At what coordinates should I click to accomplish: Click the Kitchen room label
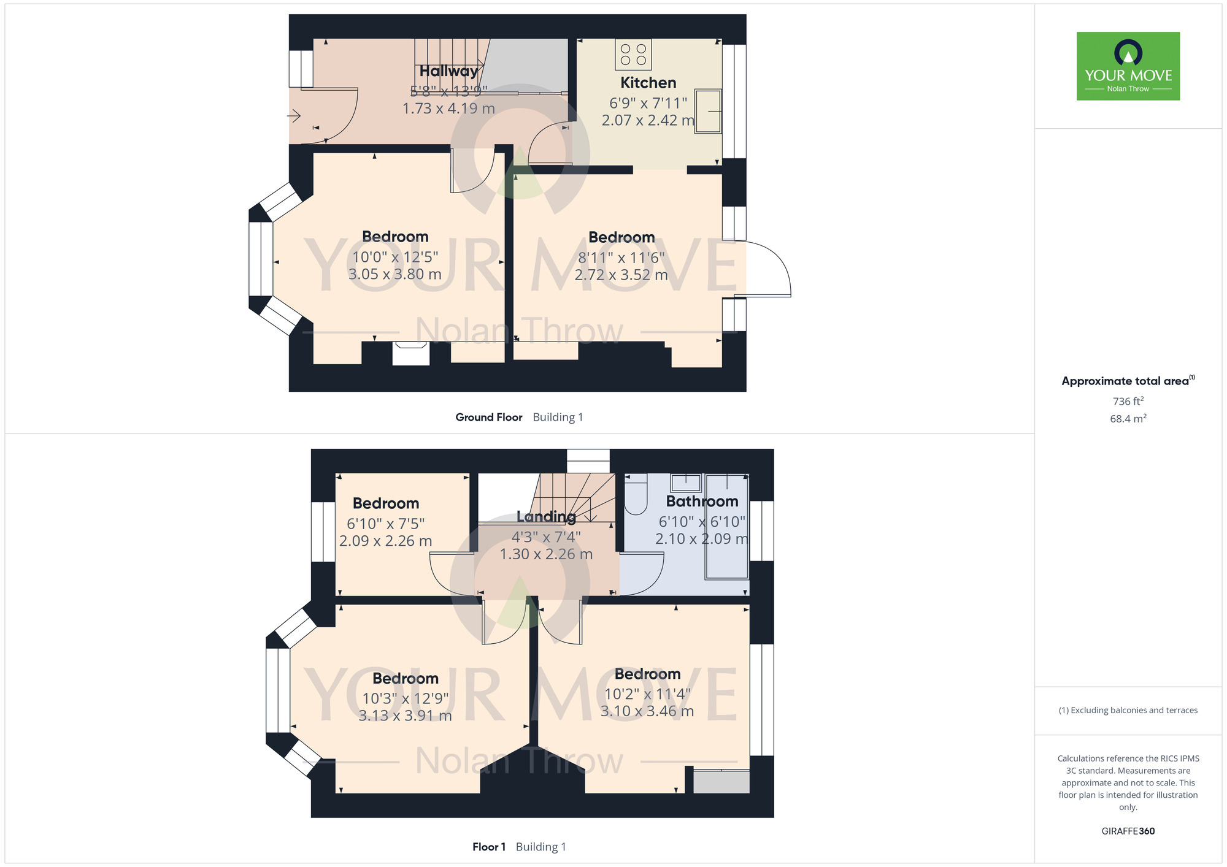(x=648, y=83)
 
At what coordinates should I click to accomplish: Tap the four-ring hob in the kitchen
(x=633, y=55)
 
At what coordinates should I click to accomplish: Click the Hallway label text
(x=448, y=72)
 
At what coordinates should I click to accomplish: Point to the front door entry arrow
(x=294, y=115)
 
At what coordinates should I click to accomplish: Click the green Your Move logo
(x=1128, y=66)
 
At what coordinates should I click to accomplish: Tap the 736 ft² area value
(x=1128, y=401)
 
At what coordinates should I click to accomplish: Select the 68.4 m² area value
(x=1128, y=419)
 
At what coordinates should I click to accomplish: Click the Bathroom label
(x=702, y=502)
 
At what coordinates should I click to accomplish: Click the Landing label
(x=546, y=517)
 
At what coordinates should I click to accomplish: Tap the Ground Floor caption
(x=489, y=418)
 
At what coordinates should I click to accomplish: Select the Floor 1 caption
(x=489, y=847)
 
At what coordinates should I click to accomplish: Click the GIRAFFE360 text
(x=1128, y=831)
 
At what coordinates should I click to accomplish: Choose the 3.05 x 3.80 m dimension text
(x=394, y=274)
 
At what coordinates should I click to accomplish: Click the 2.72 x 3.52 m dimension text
(x=621, y=275)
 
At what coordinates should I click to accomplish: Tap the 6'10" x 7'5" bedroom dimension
(x=385, y=524)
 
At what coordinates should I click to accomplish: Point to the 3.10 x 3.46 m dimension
(x=647, y=711)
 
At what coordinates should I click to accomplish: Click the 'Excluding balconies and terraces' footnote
(x=1128, y=710)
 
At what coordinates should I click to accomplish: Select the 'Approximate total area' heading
(x=1128, y=381)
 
